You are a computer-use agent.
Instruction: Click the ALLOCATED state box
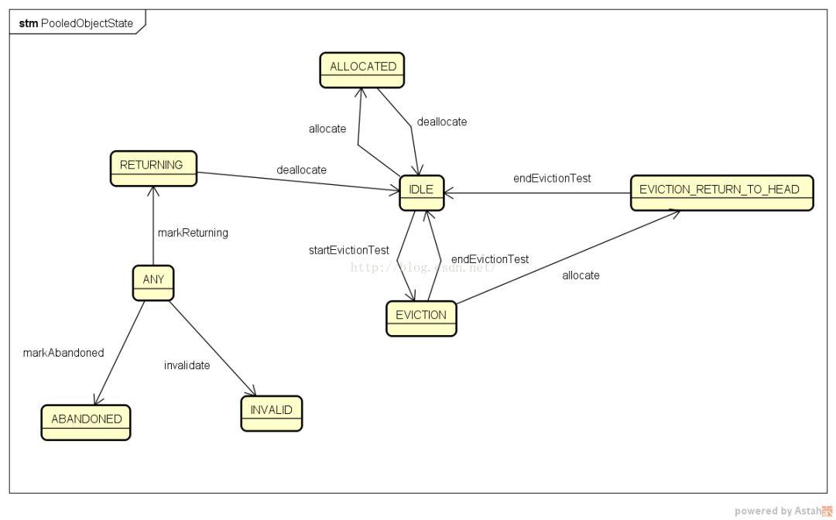(x=362, y=70)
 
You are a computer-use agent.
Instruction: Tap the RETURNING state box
(x=152, y=168)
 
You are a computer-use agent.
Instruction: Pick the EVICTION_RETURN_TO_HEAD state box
(x=721, y=193)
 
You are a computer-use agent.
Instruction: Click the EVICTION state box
(x=421, y=317)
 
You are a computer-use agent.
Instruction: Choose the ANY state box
(x=153, y=282)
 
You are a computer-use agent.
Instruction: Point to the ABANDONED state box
(x=86, y=422)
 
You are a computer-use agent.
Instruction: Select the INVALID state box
(x=271, y=413)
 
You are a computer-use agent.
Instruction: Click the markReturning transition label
(x=193, y=232)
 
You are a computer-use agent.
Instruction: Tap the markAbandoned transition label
(x=63, y=352)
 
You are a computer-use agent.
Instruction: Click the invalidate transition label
(x=187, y=365)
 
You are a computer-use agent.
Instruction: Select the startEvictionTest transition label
(x=349, y=250)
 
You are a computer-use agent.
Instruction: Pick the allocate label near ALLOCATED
(x=327, y=128)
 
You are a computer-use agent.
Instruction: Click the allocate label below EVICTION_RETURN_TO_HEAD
(x=581, y=275)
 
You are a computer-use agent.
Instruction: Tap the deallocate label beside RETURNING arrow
(x=301, y=169)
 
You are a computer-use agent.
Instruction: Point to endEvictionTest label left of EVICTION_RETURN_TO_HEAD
(x=552, y=178)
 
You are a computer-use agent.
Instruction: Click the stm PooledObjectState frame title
(x=76, y=23)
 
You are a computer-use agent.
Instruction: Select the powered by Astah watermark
(x=782, y=511)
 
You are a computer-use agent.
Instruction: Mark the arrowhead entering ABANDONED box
(x=96, y=402)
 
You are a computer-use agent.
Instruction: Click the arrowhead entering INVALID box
(x=253, y=393)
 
